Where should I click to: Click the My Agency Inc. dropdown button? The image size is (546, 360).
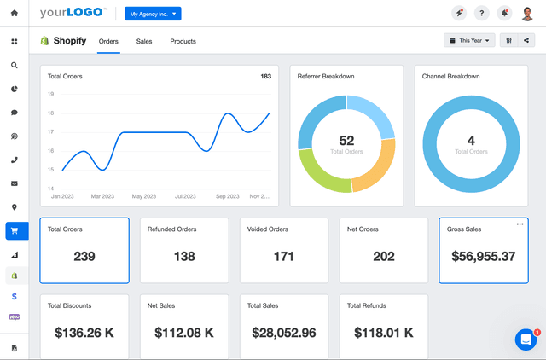pyautogui.click(x=153, y=14)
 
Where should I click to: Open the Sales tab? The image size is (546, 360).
pyautogui.click(x=144, y=41)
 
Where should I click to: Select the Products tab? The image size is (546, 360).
pyautogui.click(x=183, y=41)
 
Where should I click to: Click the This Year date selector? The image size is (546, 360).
pyautogui.click(x=469, y=40)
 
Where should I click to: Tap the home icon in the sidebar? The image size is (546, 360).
pyautogui.click(x=15, y=14)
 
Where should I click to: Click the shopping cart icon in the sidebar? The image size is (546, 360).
pyautogui.click(x=15, y=231)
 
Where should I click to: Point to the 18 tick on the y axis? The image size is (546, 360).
pyautogui.click(x=51, y=113)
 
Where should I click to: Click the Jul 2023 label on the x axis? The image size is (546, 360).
pyautogui.click(x=185, y=196)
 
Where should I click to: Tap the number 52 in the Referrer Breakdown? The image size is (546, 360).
pyautogui.click(x=346, y=141)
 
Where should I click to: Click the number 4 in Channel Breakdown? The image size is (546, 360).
pyautogui.click(x=471, y=141)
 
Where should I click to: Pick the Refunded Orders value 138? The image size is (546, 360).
pyautogui.click(x=184, y=256)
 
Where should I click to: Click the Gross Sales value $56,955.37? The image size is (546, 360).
pyautogui.click(x=483, y=256)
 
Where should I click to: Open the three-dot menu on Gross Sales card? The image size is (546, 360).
pyautogui.click(x=520, y=224)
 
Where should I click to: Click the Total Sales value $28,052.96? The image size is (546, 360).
pyautogui.click(x=284, y=333)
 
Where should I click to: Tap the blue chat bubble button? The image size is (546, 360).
pyautogui.click(x=526, y=340)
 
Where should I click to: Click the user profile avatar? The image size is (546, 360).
pyautogui.click(x=526, y=14)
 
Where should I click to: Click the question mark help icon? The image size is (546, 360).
pyautogui.click(x=481, y=14)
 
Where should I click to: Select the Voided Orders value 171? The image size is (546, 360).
pyautogui.click(x=284, y=256)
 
